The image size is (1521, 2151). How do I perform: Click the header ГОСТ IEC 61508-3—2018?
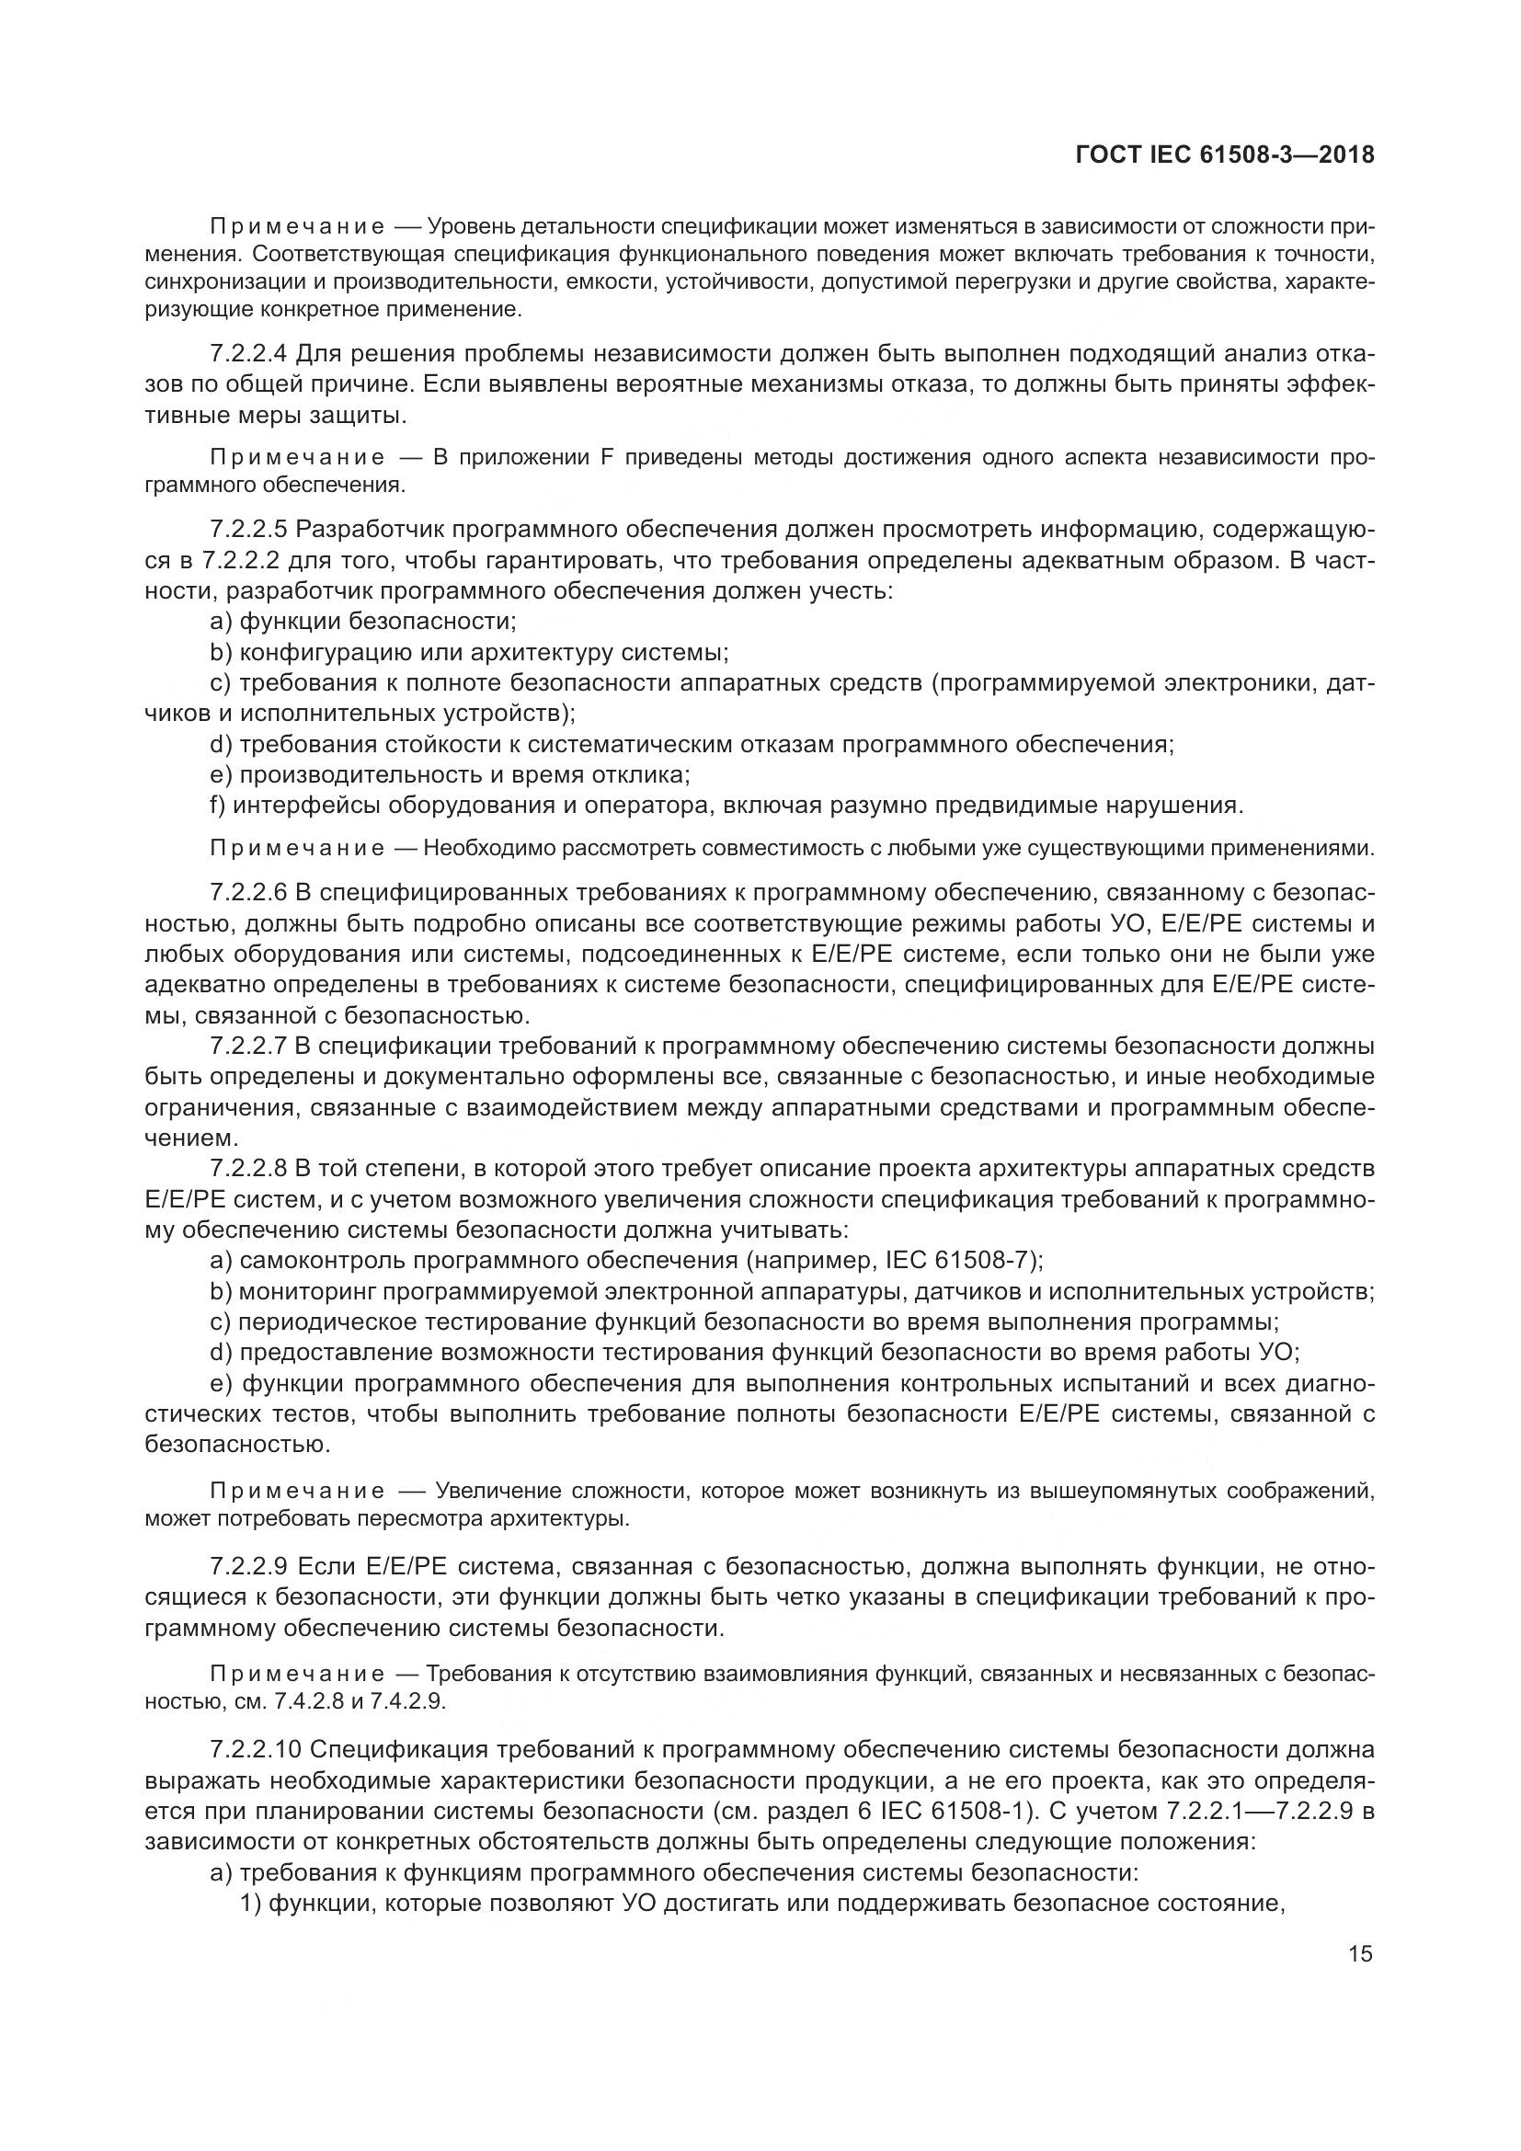click(1225, 154)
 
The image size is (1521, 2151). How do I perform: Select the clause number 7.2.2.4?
click(249, 353)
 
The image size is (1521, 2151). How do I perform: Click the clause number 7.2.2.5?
click(249, 530)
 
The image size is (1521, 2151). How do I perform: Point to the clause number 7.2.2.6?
click(249, 893)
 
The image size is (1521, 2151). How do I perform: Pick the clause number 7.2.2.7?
click(249, 1046)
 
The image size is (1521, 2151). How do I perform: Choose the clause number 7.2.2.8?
click(249, 1168)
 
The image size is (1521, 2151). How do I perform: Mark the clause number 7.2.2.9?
click(249, 1566)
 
